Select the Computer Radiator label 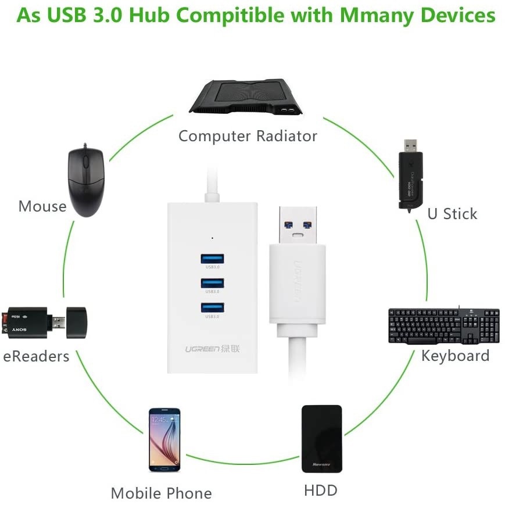click(248, 136)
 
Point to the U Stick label click(452, 213)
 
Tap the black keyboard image click(444, 325)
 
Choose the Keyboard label click(456, 355)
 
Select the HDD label click(321, 490)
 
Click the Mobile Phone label click(161, 493)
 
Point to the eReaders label click(36, 356)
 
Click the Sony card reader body click(26, 322)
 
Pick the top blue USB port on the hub click(213, 259)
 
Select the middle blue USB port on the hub click(213, 283)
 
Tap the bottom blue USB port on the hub click(213, 308)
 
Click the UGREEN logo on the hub click(212, 349)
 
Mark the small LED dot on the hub click(213, 238)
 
